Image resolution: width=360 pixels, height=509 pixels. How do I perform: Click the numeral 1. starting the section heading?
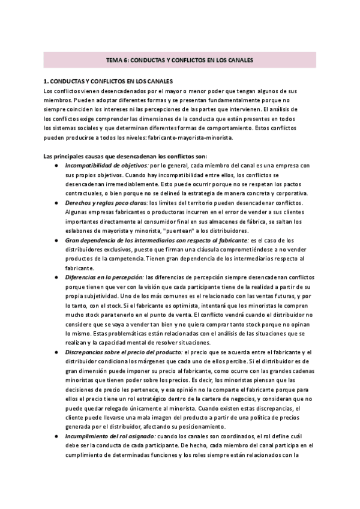point(47,80)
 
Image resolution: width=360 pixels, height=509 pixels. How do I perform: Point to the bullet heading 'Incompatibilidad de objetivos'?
point(106,165)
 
